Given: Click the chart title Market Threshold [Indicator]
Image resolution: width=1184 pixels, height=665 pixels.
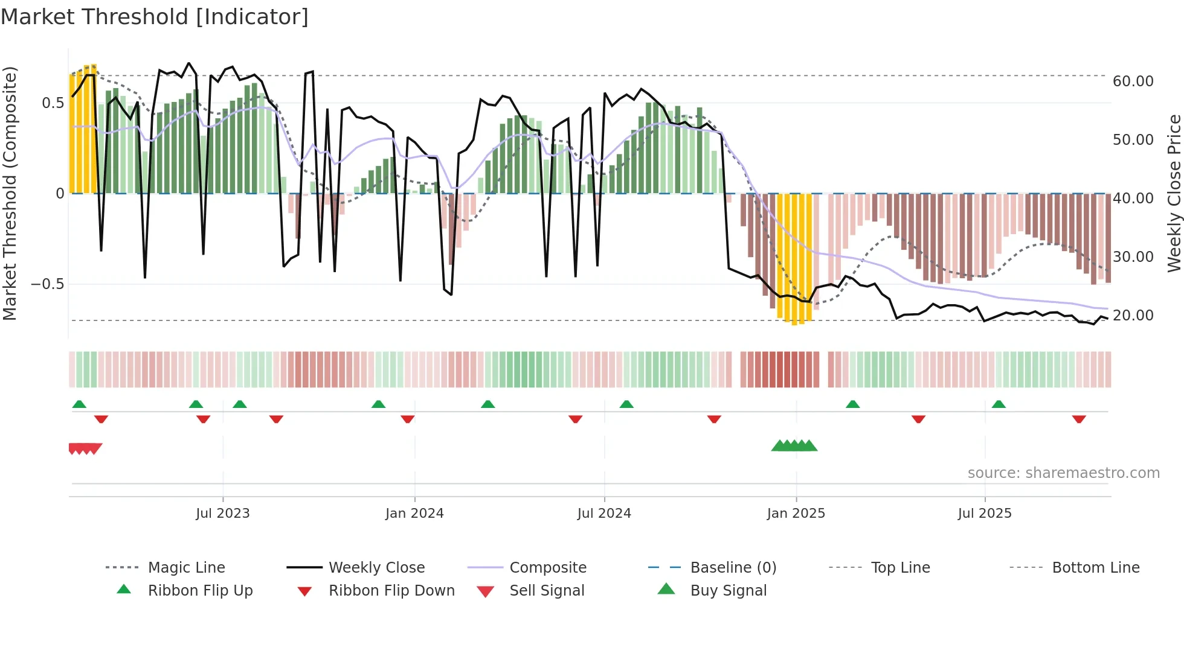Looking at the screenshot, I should click(x=155, y=17).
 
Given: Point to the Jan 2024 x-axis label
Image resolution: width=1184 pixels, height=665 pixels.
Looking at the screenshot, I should click(x=414, y=513).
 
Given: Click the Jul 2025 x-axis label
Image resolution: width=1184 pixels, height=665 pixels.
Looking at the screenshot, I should click(x=984, y=513).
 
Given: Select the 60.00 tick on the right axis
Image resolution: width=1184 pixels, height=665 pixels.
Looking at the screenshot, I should click(x=1133, y=81).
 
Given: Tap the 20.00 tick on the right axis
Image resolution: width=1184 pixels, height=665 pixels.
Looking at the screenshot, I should click(x=1133, y=315).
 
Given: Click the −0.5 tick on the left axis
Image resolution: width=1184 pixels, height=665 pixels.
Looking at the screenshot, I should click(x=48, y=284).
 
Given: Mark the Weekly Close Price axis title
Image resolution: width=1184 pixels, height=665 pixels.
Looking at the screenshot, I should click(x=1174, y=193).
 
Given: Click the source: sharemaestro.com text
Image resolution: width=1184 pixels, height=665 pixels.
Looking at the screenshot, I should click(x=1063, y=472).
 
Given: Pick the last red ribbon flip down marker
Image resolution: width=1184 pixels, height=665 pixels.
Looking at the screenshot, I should click(x=1079, y=419).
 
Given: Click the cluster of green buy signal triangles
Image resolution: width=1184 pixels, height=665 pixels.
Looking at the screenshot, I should click(x=794, y=446).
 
